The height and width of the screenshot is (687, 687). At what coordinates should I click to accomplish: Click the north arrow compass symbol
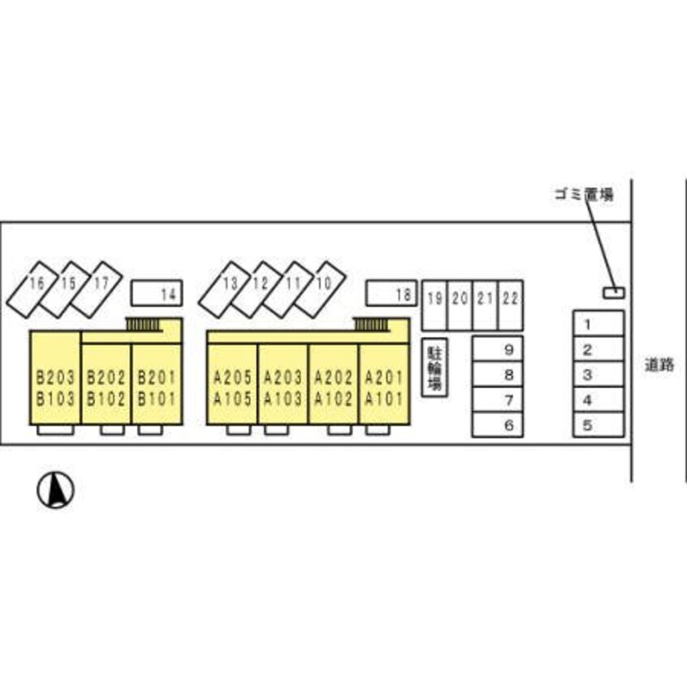click(x=56, y=490)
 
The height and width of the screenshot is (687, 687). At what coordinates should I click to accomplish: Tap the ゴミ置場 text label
click(x=584, y=195)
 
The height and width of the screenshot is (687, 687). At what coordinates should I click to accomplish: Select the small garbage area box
click(x=613, y=292)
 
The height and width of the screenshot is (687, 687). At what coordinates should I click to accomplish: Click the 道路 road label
click(x=659, y=365)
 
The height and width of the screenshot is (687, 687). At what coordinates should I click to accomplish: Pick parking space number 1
click(x=598, y=323)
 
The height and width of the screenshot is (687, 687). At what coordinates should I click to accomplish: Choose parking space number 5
click(x=598, y=425)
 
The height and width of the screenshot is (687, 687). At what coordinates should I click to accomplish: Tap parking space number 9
click(x=497, y=348)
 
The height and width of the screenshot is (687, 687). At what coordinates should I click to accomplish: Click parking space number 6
click(x=497, y=425)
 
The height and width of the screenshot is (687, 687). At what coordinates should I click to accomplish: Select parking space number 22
click(x=511, y=305)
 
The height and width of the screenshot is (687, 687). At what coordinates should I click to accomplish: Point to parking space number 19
click(x=434, y=305)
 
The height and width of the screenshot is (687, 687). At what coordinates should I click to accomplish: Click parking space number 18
click(x=391, y=293)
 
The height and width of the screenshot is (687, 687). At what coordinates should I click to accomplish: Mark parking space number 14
click(x=157, y=293)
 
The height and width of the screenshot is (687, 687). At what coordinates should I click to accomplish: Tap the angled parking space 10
click(x=320, y=290)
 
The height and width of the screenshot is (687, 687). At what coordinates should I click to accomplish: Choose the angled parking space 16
click(x=32, y=290)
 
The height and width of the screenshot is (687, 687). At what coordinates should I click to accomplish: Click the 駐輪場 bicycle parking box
click(x=434, y=368)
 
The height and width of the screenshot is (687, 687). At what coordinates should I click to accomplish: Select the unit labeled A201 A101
click(x=384, y=384)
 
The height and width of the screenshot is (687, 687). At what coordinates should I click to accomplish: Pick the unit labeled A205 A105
click(x=232, y=384)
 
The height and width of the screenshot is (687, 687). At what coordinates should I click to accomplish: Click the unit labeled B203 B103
click(x=55, y=378)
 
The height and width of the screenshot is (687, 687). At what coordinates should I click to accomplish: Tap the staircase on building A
click(x=371, y=324)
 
